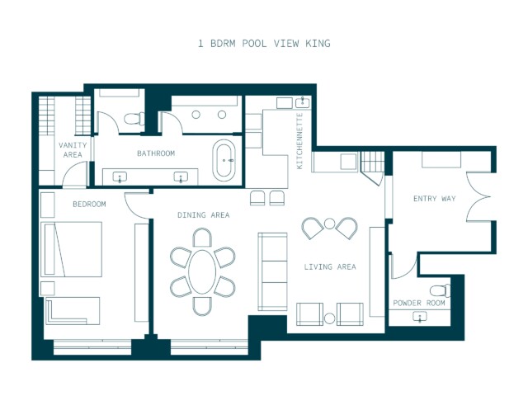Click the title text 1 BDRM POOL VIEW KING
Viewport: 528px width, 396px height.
264,44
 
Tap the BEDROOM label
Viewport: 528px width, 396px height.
90,204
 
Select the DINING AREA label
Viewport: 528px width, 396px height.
204,214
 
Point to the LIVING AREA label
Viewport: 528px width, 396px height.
330,267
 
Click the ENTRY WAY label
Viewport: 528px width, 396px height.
435,199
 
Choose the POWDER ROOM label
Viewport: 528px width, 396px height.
419,303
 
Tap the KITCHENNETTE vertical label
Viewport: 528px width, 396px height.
299,141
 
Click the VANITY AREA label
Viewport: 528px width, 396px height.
73,150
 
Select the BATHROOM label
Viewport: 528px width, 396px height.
156,153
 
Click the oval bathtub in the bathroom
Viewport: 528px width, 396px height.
224,161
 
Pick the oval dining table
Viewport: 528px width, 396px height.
202,272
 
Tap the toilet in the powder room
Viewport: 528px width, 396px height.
441,290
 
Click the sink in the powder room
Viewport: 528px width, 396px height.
420,317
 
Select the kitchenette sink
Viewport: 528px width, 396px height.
303,102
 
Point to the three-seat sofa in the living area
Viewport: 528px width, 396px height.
273,271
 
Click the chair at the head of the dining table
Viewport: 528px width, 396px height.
202,238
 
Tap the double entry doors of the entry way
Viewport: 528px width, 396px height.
478,196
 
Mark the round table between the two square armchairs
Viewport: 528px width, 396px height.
330,318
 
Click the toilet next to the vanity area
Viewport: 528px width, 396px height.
134,119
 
